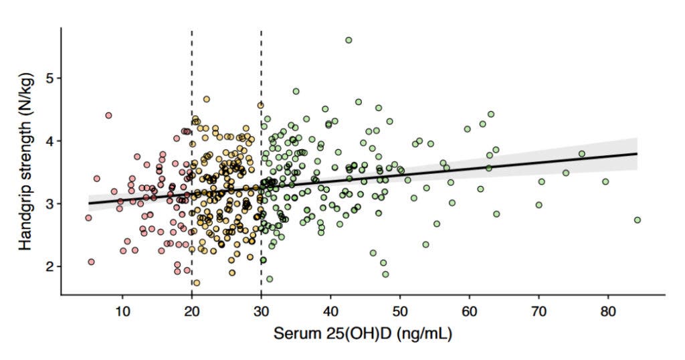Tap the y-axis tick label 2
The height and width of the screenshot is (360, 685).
point(48,266)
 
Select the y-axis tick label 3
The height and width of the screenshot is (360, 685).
point(48,203)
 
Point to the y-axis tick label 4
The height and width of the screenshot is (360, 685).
point(48,141)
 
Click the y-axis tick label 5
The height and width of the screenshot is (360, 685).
point(48,78)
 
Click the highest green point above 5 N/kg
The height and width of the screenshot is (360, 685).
point(349,40)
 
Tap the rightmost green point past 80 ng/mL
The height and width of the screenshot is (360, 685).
point(638,220)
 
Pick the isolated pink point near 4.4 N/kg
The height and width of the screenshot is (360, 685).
point(108,115)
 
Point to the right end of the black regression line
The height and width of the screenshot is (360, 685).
point(637,153)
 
